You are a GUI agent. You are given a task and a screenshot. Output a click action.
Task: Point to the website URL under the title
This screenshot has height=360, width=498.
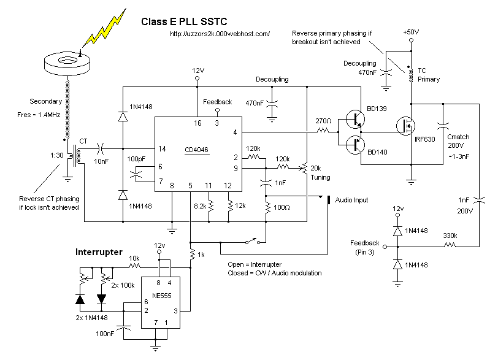[220, 34]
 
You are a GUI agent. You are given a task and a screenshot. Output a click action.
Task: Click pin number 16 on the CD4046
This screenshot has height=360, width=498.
[197, 123]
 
